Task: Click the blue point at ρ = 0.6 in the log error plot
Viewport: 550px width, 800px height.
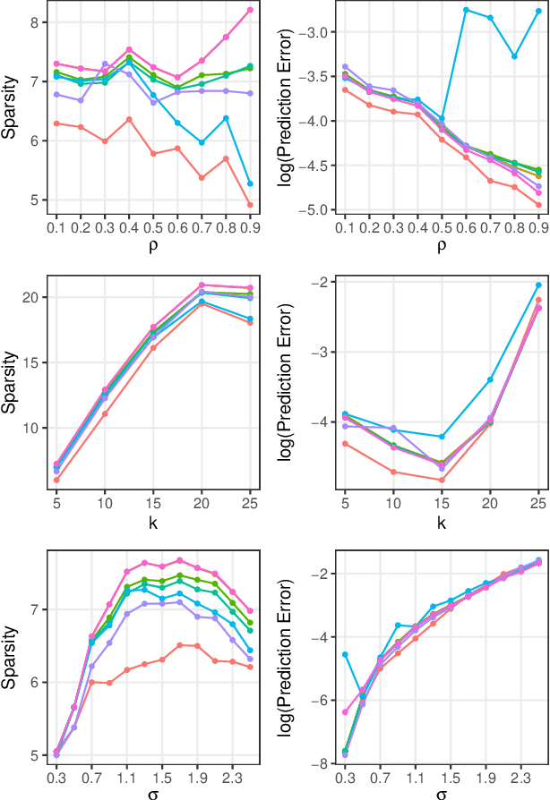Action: click(466, 9)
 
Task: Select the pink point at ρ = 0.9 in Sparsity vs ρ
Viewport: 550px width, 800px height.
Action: click(250, 10)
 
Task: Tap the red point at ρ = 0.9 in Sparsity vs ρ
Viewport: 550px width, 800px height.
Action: click(250, 205)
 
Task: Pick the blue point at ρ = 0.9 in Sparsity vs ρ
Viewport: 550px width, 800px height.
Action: click(250, 183)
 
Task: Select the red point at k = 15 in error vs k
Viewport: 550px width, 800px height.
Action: click(442, 480)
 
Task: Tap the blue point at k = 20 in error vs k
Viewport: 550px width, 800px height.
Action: click(490, 379)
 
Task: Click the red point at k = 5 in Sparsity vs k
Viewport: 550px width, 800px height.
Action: click(57, 481)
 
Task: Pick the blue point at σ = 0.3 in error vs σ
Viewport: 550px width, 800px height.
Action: click(345, 654)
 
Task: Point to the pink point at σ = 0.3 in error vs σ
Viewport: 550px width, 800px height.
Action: click(345, 712)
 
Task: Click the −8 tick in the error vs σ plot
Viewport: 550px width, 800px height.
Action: click(323, 763)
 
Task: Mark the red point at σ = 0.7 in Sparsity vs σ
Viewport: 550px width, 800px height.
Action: click(91, 682)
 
